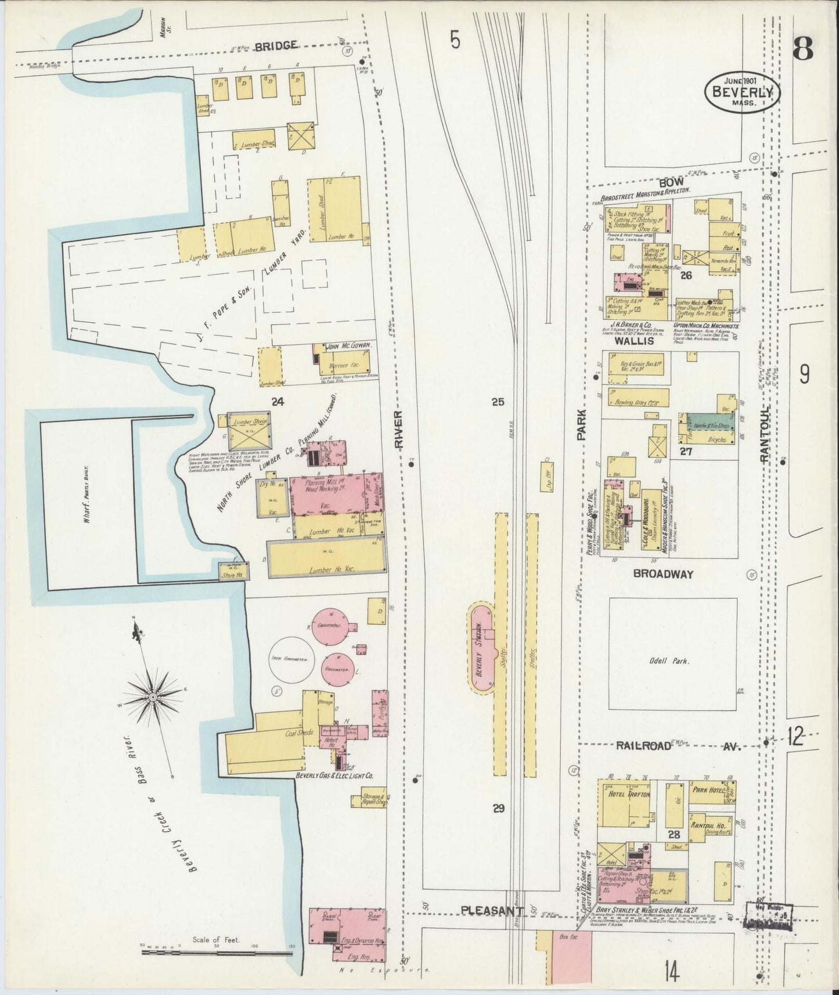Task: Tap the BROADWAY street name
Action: coord(663,574)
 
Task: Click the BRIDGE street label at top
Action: coord(276,45)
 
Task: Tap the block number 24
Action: coord(278,400)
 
